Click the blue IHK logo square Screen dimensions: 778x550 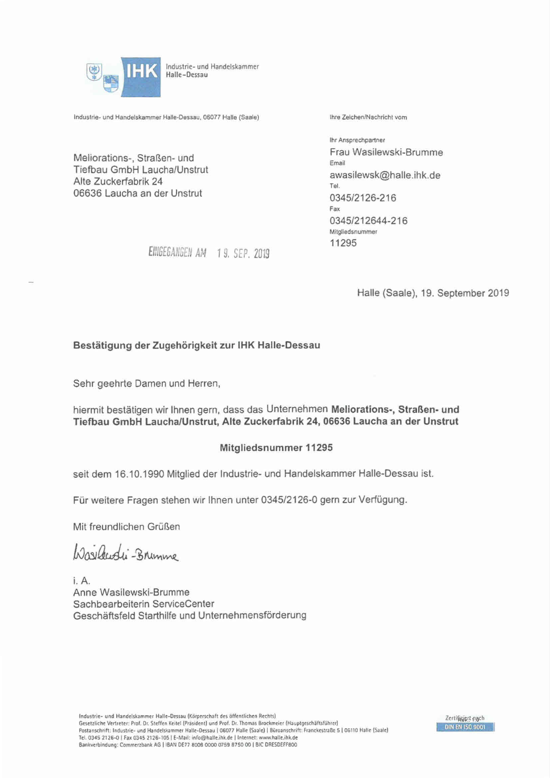coord(141,77)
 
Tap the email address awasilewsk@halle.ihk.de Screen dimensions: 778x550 coord(385,176)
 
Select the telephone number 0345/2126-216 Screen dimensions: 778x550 coord(363,198)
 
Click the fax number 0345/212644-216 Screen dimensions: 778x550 coord(368,221)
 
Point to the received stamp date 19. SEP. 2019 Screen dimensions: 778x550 coord(243,253)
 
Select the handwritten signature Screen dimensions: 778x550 coord(126,553)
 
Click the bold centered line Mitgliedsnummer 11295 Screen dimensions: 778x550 coord(276,448)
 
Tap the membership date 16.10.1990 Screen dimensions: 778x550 coord(139,474)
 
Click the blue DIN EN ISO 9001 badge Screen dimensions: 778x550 coord(465,727)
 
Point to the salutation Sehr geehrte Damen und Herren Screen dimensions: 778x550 coord(146,384)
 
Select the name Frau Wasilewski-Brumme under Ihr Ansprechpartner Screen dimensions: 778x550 coord(386,153)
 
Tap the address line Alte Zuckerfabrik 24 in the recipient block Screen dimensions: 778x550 coord(118,182)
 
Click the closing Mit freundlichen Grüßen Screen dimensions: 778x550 coord(126,527)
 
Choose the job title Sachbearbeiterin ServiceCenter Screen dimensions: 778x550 coord(144,604)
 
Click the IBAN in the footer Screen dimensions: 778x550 coord(208,745)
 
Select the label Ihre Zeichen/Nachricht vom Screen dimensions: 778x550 coord(368,118)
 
